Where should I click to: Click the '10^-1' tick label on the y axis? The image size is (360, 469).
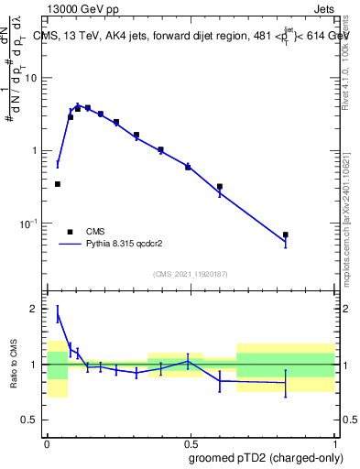30,224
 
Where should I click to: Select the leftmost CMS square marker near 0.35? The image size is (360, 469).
58,184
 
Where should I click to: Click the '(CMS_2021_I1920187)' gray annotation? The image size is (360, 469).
190,274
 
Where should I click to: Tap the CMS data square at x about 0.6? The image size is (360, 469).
220,186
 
